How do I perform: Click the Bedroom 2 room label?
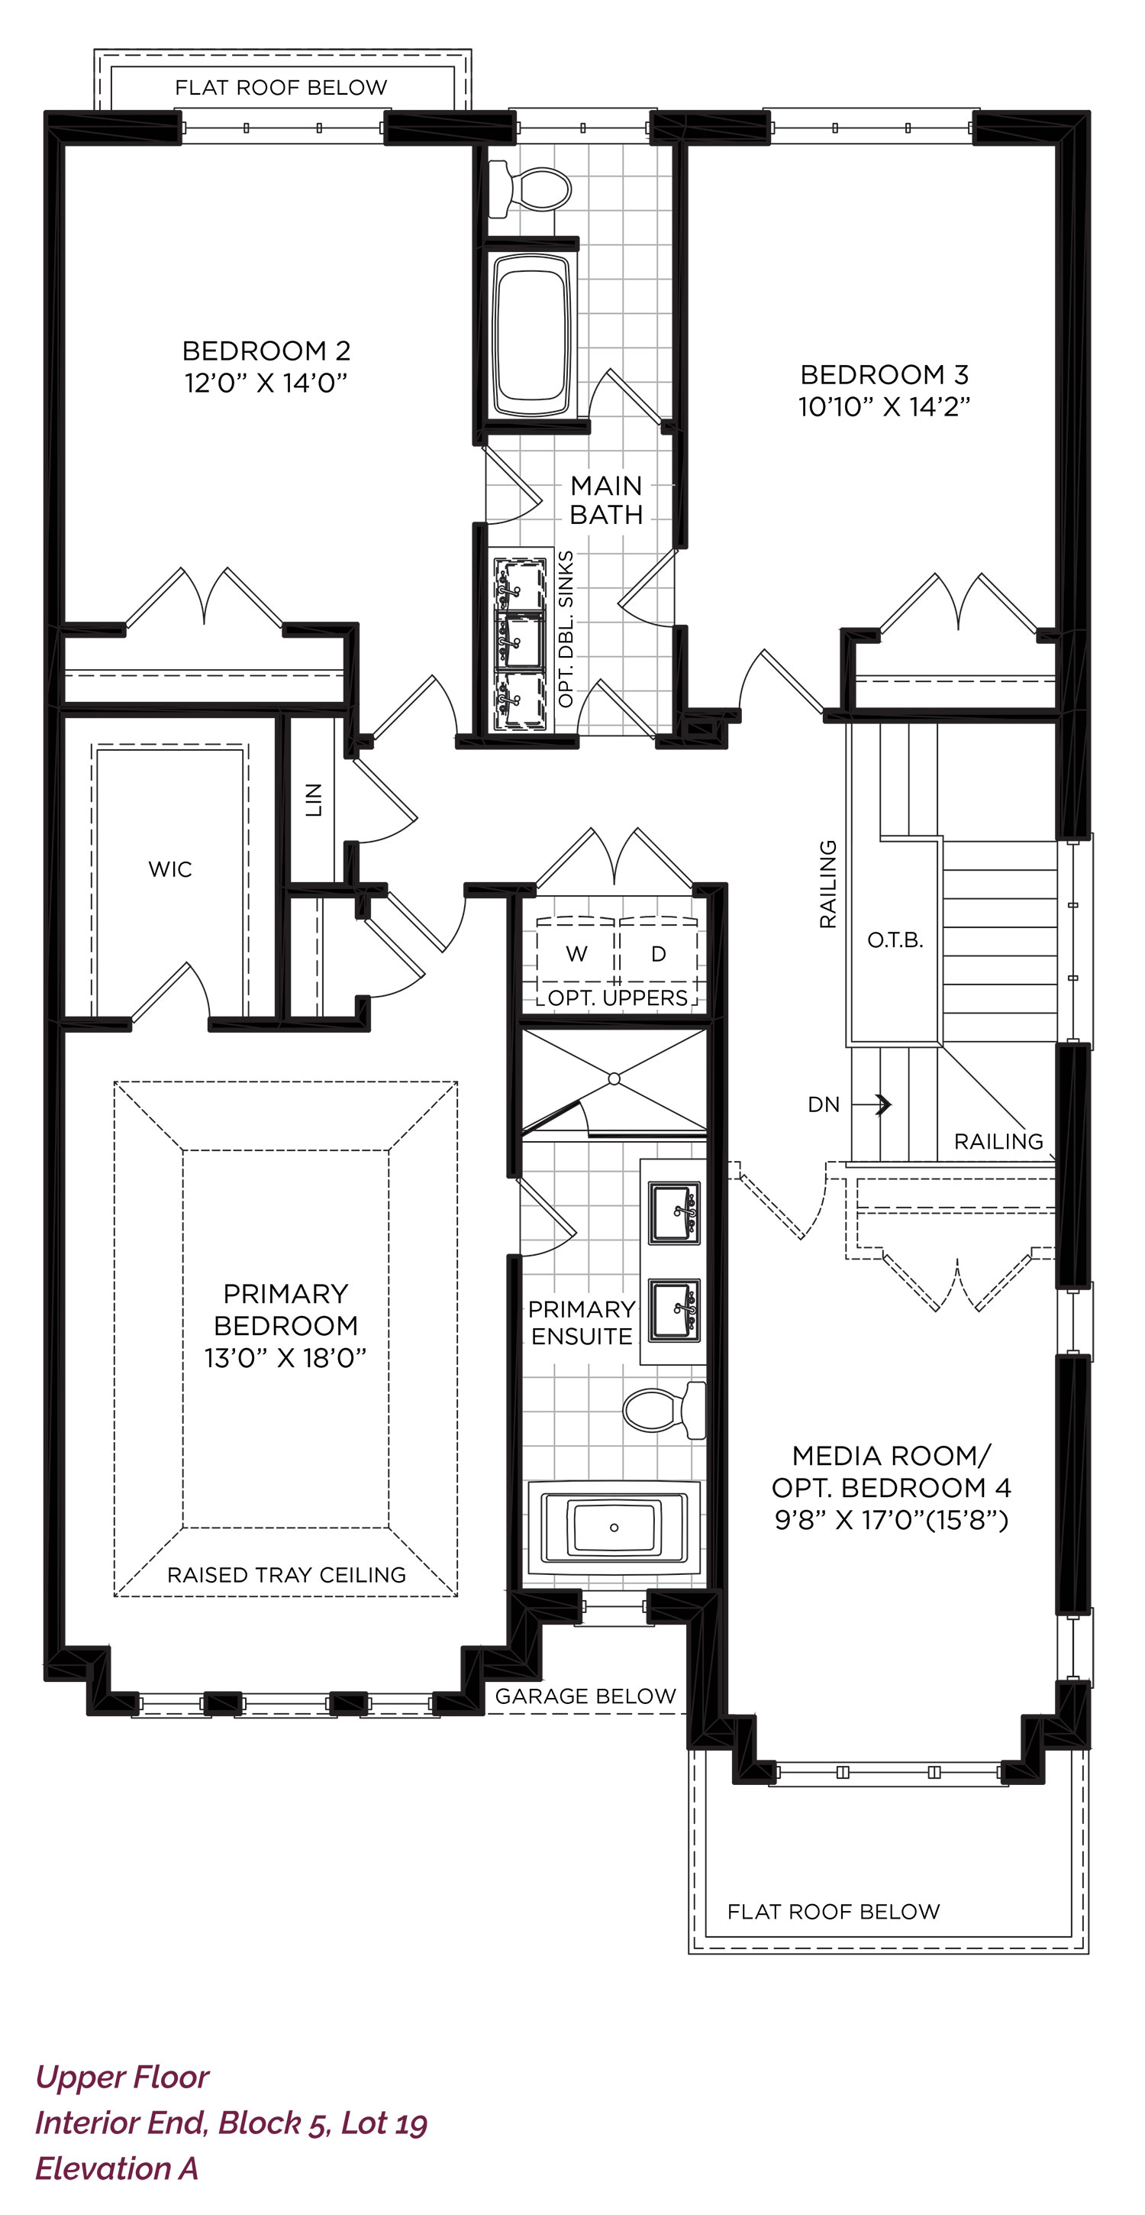[266, 351]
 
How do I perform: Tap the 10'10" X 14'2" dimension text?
[885, 406]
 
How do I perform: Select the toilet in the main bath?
[530, 189]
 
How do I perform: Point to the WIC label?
[170, 869]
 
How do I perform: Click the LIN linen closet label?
[314, 800]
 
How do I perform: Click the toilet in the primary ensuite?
[663, 1411]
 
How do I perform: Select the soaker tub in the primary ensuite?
[614, 1527]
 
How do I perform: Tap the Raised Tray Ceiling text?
[286, 1575]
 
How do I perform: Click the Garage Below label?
[585, 1696]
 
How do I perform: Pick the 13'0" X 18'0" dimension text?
[285, 1359]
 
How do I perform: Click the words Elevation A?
[117, 2168]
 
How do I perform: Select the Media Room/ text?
[892, 1456]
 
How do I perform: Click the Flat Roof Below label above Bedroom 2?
[281, 88]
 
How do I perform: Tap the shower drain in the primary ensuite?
[614, 1078]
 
